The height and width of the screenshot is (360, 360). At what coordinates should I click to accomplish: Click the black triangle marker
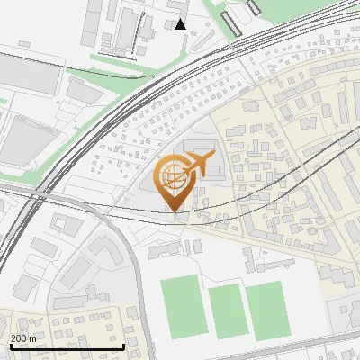[x=182, y=24]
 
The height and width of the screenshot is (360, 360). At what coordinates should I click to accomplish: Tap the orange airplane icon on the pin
[x=199, y=165]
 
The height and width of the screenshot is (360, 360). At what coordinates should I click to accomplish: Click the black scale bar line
[x=67, y=347]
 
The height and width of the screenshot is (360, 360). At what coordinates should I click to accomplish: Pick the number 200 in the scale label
[x=19, y=338]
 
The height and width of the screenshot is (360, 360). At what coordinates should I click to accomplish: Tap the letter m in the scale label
[x=32, y=338]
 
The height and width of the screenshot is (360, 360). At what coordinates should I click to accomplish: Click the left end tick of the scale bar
[x=11, y=346]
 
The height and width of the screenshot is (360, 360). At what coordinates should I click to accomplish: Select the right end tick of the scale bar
[x=123, y=346]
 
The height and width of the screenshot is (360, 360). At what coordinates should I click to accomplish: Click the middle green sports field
[x=227, y=311]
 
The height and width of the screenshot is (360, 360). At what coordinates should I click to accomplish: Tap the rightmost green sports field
[x=265, y=311]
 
